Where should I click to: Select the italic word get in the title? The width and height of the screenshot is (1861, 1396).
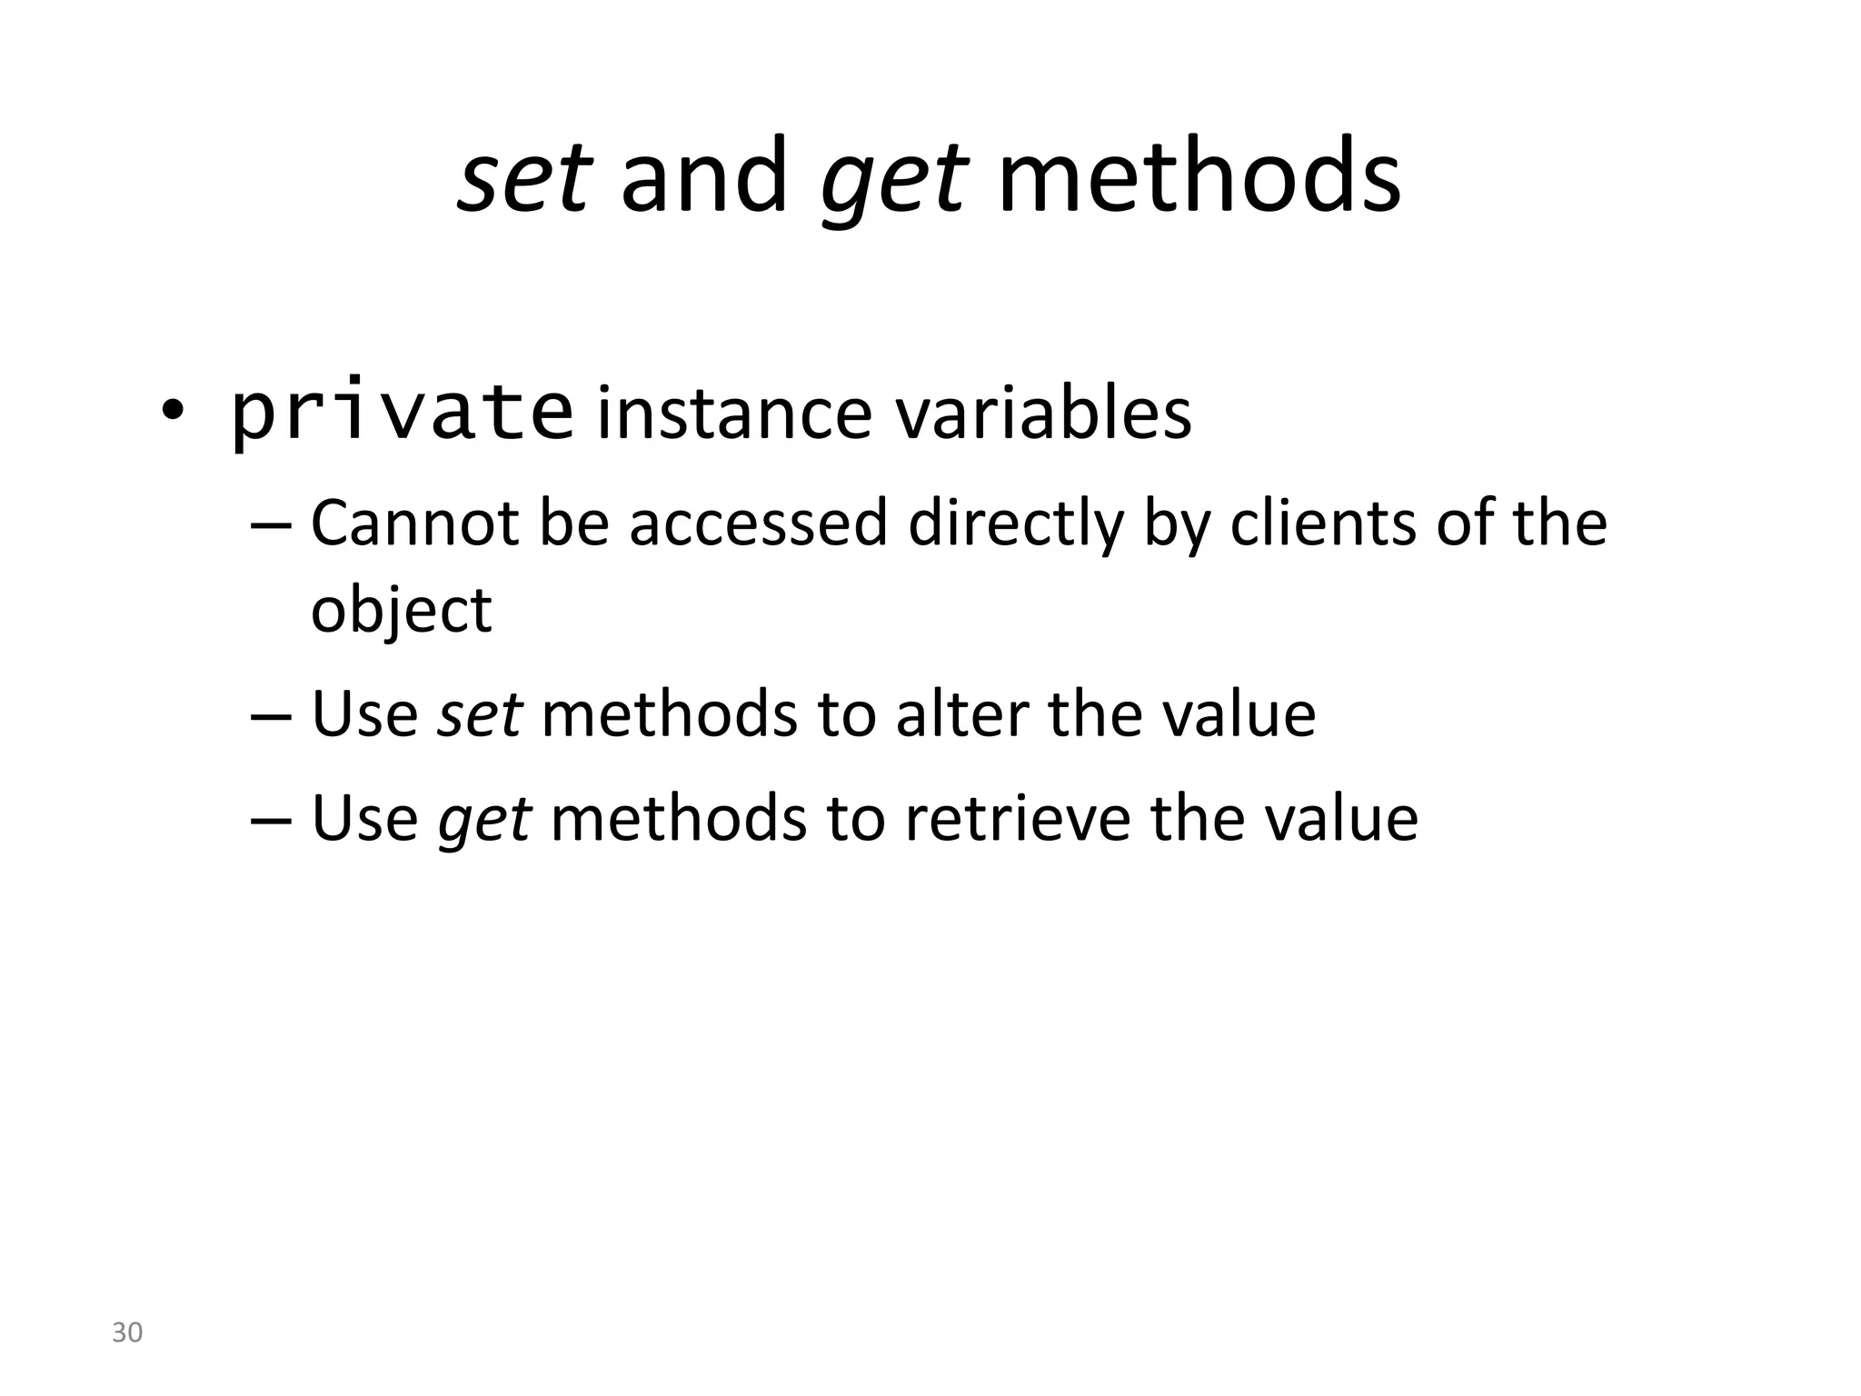coord(894,182)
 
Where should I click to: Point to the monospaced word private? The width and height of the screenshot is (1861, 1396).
coord(403,414)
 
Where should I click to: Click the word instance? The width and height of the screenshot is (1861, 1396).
coord(734,414)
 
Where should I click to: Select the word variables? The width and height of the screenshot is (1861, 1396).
coord(1043,414)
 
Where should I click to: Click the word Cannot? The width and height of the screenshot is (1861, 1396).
coord(414,524)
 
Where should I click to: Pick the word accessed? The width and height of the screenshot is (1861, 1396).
coord(758,524)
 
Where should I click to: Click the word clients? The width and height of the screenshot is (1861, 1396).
coord(1322,524)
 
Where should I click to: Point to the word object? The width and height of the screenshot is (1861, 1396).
coord(401,612)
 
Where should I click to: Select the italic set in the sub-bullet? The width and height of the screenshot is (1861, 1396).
coord(479,714)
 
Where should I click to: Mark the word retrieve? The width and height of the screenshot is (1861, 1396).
coord(1017,818)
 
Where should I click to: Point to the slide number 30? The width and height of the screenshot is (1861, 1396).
coord(127,1332)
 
